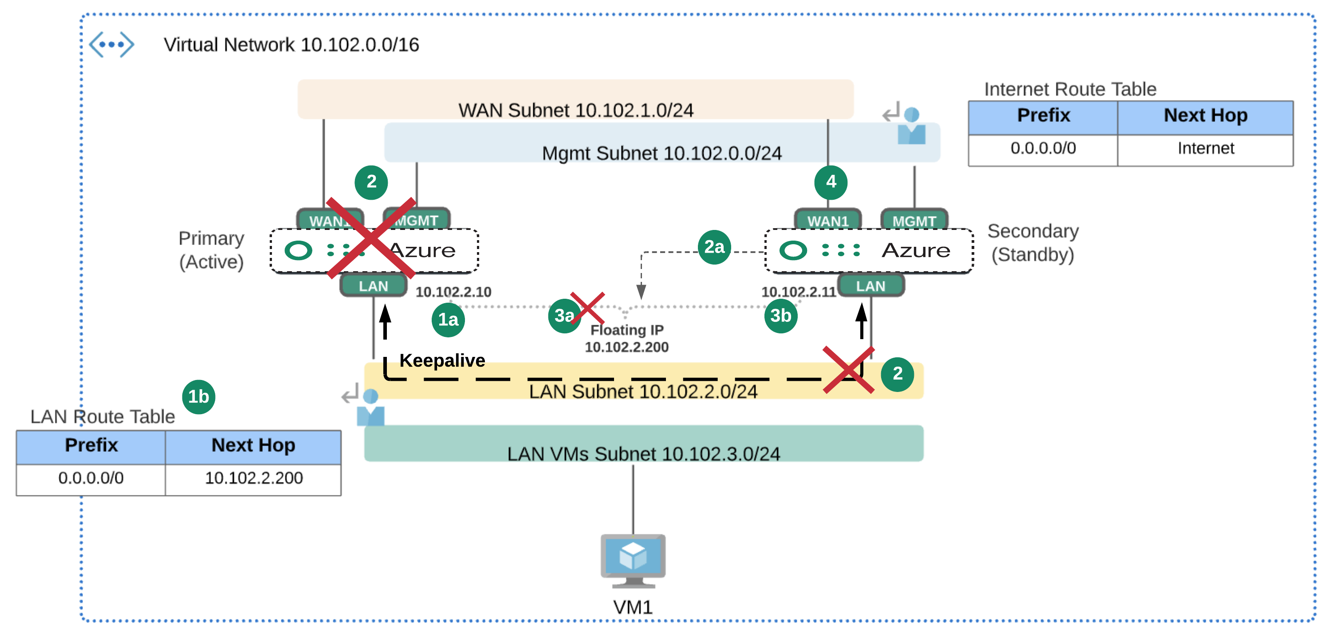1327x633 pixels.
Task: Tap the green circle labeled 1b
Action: (198, 396)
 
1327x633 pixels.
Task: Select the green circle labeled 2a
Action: (714, 247)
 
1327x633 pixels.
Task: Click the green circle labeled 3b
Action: (780, 316)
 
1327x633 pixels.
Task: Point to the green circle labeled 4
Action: (831, 182)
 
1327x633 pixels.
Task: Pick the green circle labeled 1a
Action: (448, 320)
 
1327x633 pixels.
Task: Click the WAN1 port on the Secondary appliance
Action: (827, 221)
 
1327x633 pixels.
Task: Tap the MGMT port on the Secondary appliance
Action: (914, 221)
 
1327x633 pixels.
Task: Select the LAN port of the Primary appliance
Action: (374, 286)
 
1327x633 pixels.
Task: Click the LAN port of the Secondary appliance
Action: (870, 286)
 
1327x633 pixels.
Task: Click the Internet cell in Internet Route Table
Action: (1205, 148)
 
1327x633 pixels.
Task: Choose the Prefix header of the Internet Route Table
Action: (1043, 115)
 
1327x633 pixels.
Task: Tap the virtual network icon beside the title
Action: (111, 44)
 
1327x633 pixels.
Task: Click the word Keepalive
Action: (442, 360)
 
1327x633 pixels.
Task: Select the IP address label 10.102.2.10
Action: (453, 292)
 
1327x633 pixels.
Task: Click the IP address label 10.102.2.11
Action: (798, 292)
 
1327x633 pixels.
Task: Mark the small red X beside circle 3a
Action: (587, 308)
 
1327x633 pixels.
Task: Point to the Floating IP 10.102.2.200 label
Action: (626, 338)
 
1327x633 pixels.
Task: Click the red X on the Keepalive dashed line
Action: (848, 370)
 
